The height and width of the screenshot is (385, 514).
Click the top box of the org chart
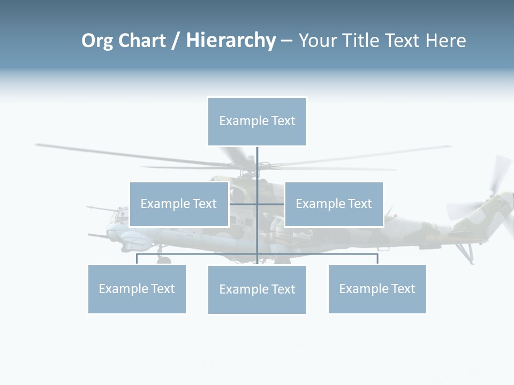(257, 121)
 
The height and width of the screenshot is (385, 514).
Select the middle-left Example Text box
(179, 204)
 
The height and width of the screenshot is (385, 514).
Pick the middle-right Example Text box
(334, 204)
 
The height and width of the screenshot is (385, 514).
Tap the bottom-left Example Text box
(137, 289)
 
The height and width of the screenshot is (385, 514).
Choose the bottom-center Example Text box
(257, 289)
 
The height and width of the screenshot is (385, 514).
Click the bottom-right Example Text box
(377, 289)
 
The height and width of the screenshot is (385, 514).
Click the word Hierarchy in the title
(231, 41)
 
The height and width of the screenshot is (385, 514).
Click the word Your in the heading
(317, 41)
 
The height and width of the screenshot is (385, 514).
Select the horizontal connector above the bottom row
(321, 254)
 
